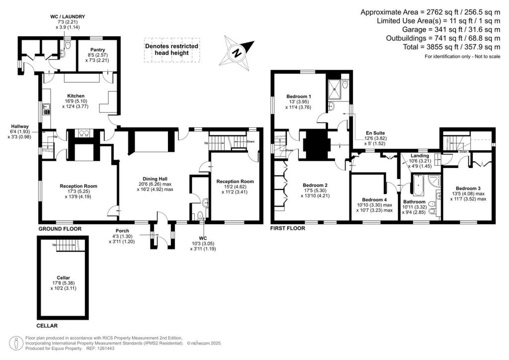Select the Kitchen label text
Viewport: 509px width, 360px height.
coord(76,96)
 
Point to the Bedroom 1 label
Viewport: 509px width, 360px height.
coord(299,96)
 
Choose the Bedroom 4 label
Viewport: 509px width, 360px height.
coord(374,199)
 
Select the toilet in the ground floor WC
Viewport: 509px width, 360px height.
coord(200,215)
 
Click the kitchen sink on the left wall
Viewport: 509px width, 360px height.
coord(45,107)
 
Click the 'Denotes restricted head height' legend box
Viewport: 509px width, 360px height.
coord(171,50)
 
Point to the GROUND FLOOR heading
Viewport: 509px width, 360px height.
coord(60,229)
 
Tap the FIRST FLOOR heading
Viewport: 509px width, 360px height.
coord(287,229)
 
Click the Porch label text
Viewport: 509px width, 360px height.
coord(122,231)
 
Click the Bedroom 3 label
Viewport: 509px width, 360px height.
coord(468,188)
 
